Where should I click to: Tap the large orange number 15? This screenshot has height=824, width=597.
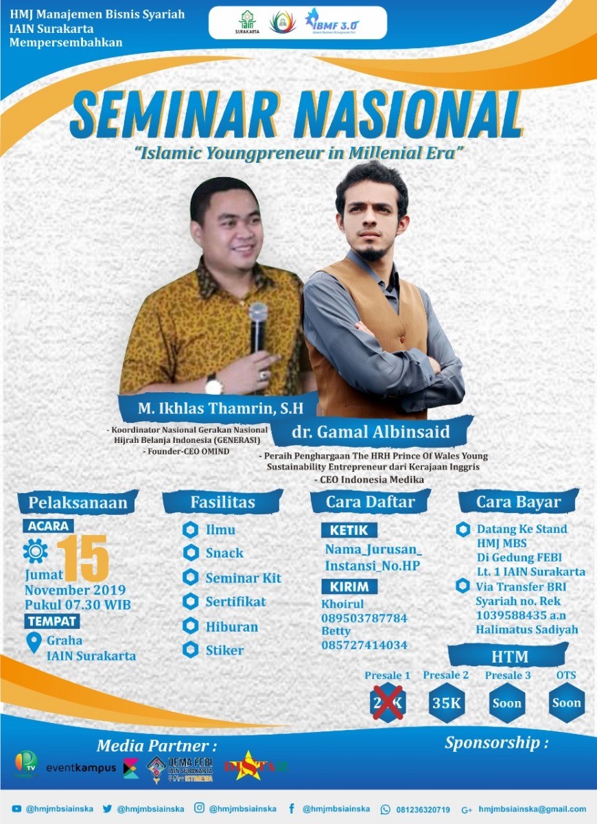pos(83,557)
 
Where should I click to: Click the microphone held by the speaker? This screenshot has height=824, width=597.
pos(258,327)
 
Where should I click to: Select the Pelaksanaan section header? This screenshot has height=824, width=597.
pos(78,503)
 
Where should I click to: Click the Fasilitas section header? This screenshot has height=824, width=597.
pos(222,503)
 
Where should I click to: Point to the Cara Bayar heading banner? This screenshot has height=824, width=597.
pos(517,502)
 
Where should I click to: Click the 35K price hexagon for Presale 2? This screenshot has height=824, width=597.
pos(447,702)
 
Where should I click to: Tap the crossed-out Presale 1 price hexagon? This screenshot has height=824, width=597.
pos(388,702)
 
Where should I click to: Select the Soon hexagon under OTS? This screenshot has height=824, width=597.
pos(566,702)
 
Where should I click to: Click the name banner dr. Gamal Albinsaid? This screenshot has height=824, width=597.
pos(371,433)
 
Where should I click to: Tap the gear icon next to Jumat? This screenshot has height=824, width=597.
pos(36,551)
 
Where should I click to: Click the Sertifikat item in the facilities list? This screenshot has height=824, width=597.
pos(235,602)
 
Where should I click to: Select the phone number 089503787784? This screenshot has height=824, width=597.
pos(364,618)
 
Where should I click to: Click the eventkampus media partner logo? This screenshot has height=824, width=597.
pos(81,768)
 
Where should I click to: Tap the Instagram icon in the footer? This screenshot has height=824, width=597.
pos(200,809)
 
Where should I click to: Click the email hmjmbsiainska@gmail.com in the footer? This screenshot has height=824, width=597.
pos(532,809)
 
